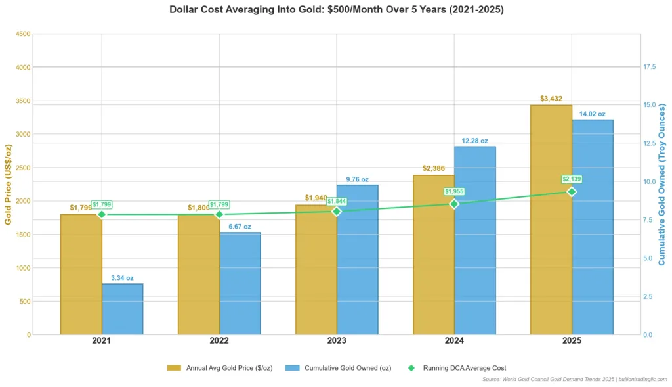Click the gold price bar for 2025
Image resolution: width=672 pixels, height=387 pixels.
(x=551, y=220)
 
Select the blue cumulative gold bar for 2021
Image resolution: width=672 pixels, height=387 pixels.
(x=123, y=309)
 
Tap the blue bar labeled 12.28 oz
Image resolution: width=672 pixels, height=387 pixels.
(x=475, y=240)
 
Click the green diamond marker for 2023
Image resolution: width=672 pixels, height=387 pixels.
(x=337, y=211)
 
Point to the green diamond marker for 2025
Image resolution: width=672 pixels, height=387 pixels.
(x=572, y=191)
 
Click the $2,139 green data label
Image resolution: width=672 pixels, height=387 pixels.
(x=572, y=179)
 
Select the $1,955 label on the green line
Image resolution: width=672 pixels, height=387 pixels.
(x=454, y=191)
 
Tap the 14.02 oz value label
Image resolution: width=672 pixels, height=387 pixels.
(x=592, y=114)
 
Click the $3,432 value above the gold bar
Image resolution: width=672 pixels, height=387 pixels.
(x=551, y=99)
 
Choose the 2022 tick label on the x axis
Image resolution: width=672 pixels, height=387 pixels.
(x=219, y=342)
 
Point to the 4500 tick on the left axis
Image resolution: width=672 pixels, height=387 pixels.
(x=22, y=34)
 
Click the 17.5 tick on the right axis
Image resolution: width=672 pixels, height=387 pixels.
(x=650, y=67)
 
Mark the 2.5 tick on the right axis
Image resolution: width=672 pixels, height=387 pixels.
(x=648, y=297)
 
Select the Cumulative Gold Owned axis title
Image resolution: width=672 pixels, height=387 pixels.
(x=662, y=184)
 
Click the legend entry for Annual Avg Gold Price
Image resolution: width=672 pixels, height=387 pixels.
(x=220, y=368)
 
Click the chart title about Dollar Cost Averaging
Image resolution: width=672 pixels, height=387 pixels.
(x=336, y=10)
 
